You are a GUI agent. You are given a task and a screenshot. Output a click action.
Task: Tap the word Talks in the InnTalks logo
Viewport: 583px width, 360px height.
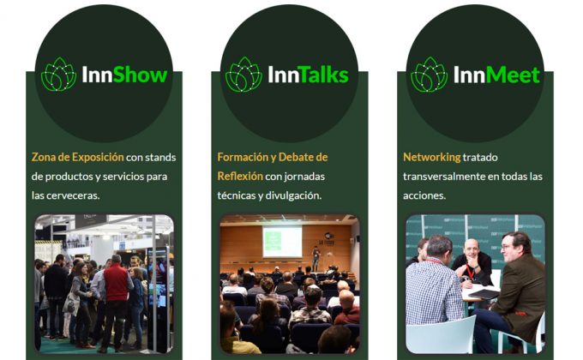321,75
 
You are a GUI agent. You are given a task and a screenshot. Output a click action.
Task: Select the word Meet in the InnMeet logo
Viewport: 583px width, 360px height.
513,75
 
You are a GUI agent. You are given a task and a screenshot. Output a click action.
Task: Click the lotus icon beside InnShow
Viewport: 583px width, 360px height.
58,75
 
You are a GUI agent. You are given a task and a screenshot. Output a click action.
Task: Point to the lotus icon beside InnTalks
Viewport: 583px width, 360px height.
243,75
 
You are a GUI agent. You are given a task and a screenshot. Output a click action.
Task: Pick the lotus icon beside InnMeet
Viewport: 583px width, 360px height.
429,75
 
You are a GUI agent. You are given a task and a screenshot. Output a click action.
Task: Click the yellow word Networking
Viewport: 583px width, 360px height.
431,158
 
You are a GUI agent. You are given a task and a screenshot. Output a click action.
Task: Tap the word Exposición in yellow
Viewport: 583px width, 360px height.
91,158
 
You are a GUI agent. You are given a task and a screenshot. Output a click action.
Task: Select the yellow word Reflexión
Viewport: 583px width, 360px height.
239,177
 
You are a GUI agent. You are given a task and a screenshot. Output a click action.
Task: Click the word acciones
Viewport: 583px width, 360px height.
424,195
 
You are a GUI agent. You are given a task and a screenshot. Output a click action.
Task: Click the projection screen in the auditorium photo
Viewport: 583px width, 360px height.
281,241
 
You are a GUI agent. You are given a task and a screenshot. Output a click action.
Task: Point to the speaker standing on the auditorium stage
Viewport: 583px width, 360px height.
316,256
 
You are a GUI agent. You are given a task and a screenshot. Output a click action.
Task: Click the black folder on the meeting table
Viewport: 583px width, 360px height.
484,293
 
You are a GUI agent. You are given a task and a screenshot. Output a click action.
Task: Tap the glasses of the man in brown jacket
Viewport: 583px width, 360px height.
513,248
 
